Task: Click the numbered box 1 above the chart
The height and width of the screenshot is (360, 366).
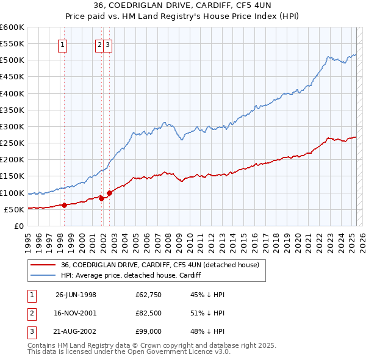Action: point(63,44)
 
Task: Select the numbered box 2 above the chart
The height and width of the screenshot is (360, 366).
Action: point(99,44)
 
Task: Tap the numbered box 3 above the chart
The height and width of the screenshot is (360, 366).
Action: point(107,44)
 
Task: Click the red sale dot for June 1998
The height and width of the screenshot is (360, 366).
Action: point(64,205)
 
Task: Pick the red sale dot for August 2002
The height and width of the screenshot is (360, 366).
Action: point(109,193)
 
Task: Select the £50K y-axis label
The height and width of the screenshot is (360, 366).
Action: point(15,209)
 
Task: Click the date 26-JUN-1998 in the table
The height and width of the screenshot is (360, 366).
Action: point(76,295)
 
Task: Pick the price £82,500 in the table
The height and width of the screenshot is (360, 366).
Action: point(148,314)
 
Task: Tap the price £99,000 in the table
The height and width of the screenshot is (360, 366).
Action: point(148,333)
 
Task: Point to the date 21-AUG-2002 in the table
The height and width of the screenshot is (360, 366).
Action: point(76,333)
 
